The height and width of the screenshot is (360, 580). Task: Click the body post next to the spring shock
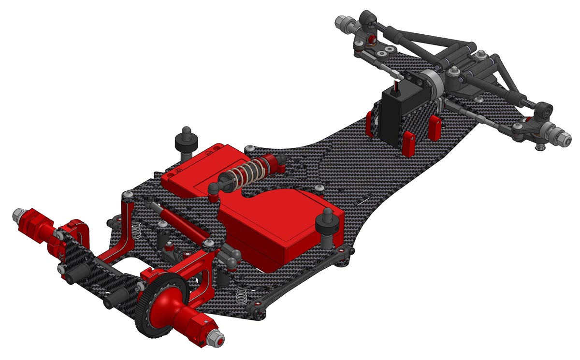[x=187, y=140]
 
